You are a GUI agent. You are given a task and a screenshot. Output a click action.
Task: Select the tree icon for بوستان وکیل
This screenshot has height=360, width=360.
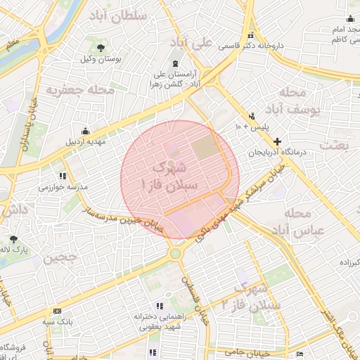point(103,47)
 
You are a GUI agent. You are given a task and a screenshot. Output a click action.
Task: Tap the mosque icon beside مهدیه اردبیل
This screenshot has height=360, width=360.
point(85,131)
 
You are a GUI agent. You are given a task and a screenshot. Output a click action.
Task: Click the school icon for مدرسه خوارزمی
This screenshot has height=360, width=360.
point(63,176)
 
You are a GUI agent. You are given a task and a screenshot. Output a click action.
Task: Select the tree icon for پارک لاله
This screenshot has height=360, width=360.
point(12,239)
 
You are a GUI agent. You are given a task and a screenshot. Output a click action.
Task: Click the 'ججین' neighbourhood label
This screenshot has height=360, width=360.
point(60,258)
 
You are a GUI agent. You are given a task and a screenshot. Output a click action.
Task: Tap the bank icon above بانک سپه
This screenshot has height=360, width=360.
point(57,311)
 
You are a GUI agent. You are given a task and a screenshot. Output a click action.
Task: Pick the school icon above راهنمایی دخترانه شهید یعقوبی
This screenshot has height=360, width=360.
point(160,306)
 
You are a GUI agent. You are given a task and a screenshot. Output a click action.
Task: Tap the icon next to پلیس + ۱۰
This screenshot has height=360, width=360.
point(252,116)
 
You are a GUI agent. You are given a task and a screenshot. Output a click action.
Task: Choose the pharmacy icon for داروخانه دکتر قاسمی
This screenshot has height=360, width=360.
point(250,37)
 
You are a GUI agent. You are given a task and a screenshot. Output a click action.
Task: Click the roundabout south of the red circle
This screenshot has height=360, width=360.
point(174,252)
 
